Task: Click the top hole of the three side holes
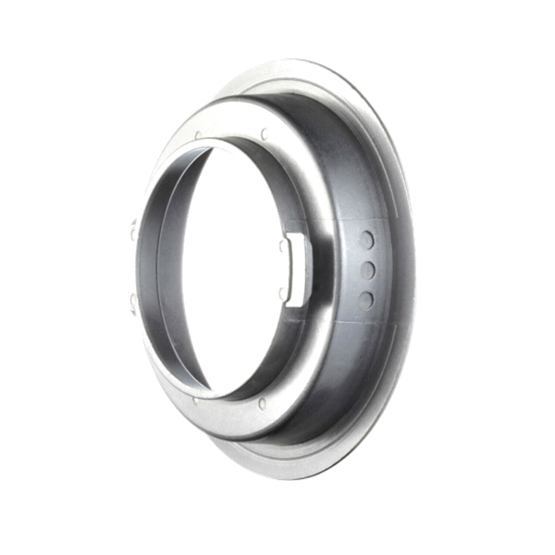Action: pos(366,240)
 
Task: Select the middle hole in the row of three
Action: pos(367,268)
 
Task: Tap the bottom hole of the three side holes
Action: pos(365,298)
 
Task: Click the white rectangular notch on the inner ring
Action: pos(294,269)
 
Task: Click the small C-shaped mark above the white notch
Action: pos(281,245)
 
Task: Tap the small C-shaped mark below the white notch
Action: pos(281,294)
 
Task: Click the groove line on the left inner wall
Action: pos(146,268)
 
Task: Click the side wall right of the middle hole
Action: pos(388,268)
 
